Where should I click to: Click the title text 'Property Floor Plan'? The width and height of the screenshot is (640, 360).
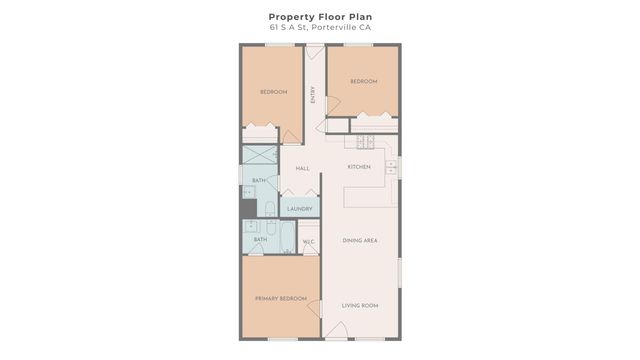(x=319, y=16)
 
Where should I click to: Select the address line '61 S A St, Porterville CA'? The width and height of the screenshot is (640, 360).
(x=319, y=28)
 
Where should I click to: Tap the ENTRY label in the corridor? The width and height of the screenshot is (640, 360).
(x=314, y=96)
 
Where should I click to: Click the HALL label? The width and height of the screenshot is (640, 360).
(x=302, y=169)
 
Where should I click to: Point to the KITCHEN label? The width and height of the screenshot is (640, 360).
(x=359, y=166)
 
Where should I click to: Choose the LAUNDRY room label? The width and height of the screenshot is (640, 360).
(x=300, y=209)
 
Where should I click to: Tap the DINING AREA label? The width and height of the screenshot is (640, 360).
(x=359, y=240)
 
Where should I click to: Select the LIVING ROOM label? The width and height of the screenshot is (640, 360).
(x=359, y=306)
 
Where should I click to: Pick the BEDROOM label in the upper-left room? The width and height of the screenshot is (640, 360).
(x=274, y=92)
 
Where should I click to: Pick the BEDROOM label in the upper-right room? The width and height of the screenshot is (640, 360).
(x=363, y=82)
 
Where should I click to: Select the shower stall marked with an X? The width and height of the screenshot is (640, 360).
(x=260, y=155)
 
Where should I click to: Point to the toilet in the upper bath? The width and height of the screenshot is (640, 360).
(x=270, y=208)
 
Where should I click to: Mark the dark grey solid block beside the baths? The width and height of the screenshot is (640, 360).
(x=247, y=208)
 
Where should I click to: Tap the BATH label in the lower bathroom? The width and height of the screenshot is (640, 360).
(x=260, y=240)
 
